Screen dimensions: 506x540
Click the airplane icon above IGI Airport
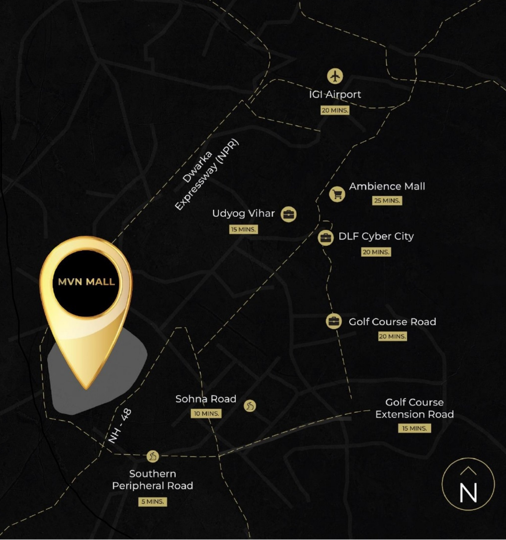(335, 76)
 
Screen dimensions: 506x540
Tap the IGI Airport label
(335, 94)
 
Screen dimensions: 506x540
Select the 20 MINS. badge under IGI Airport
(335, 110)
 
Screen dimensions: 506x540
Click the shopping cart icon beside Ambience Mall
(337, 194)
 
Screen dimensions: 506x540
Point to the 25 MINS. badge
(387, 200)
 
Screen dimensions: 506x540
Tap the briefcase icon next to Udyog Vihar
(288, 214)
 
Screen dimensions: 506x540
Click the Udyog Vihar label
(243, 213)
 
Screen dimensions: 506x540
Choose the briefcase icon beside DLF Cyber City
(325, 238)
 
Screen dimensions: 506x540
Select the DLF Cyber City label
(376, 236)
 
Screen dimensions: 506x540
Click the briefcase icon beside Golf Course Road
(333, 322)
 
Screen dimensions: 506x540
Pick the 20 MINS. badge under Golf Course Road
(392, 336)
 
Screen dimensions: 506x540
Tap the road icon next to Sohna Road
(250, 405)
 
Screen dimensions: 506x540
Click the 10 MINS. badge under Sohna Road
(206, 413)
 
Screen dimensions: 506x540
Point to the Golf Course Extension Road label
(414, 408)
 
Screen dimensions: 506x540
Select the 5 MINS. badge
(152, 502)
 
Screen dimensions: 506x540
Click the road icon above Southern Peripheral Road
(152, 456)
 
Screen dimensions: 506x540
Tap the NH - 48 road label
(120, 426)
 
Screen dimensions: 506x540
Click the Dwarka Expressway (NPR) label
(206, 175)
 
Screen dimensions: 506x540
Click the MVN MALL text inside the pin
(86, 282)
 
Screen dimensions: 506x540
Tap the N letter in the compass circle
(468, 492)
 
